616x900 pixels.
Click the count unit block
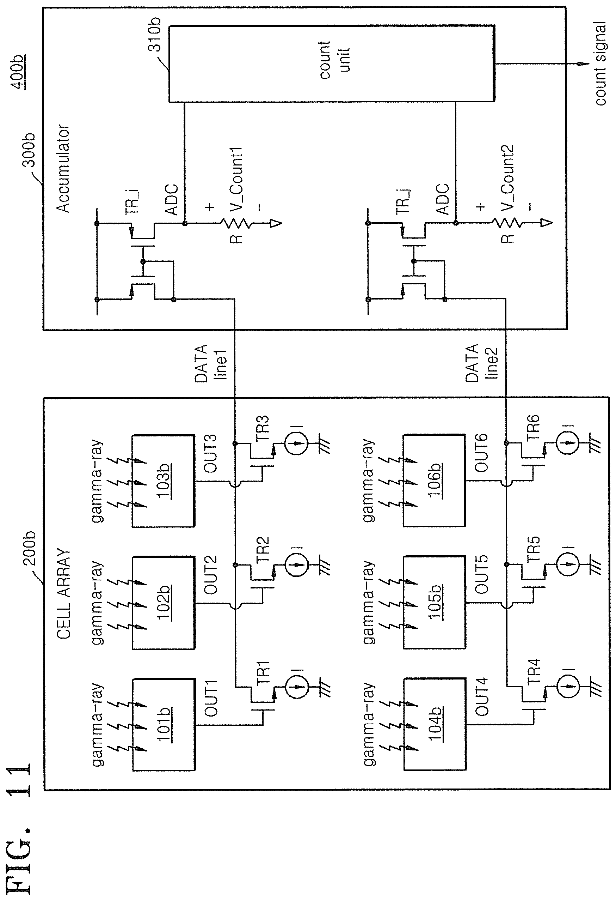(331, 64)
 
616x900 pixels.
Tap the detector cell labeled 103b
(163, 481)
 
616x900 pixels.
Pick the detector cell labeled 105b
(434, 603)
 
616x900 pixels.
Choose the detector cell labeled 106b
(434, 481)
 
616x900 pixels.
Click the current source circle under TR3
(296, 441)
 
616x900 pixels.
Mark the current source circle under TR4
(567, 686)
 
